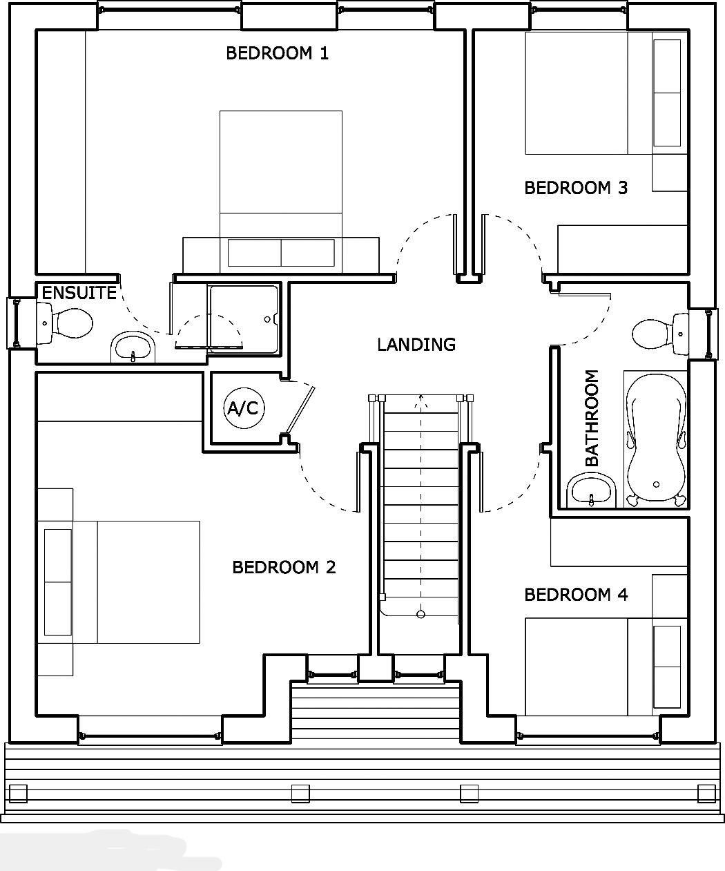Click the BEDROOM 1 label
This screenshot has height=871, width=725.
click(x=277, y=53)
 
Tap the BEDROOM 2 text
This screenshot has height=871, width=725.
click(x=284, y=568)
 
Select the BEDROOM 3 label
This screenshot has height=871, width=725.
click(x=576, y=188)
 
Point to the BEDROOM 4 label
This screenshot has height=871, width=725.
click(x=576, y=595)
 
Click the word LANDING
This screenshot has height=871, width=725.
click(x=416, y=345)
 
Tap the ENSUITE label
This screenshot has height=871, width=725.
click(x=79, y=293)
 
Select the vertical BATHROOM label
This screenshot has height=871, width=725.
click(x=592, y=419)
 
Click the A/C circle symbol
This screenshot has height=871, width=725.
click(x=242, y=409)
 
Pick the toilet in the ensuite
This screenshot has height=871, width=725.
click(x=69, y=323)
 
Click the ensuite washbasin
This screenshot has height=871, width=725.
click(x=133, y=347)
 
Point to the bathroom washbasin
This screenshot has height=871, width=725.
click(x=592, y=490)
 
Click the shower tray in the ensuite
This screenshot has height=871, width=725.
click(x=244, y=318)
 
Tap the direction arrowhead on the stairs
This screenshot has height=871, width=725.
click(x=420, y=398)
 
